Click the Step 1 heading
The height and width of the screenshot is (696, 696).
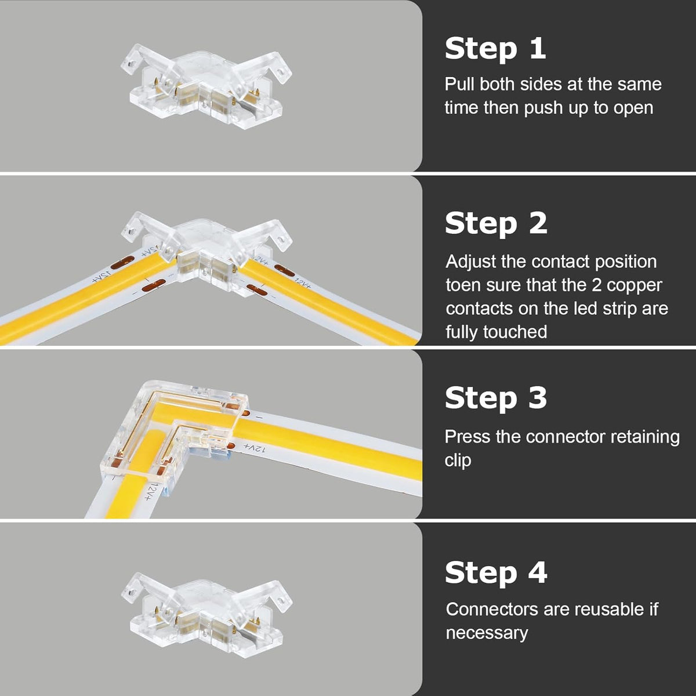(x=495, y=49)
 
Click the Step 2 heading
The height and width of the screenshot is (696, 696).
(x=496, y=224)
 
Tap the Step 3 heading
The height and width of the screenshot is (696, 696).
(x=496, y=398)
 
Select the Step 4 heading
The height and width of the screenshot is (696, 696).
(x=496, y=572)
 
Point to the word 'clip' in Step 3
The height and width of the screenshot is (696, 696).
(x=458, y=461)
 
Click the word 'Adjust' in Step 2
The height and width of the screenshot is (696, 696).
(x=470, y=262)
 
